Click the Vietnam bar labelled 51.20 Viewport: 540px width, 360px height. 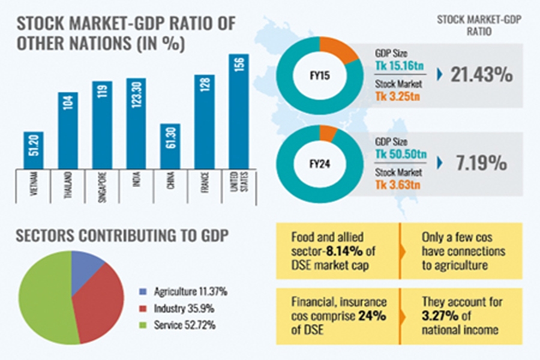click(34, 150)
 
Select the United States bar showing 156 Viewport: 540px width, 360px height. click(239, 111)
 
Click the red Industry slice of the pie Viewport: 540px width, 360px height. click(96, 300)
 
